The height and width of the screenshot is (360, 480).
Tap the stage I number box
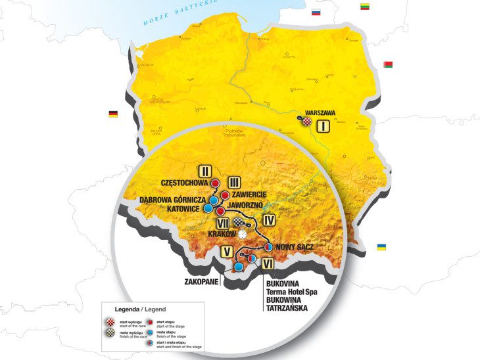point(323,127)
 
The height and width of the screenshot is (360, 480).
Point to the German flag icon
point(113,114)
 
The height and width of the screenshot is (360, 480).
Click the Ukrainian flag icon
point(381,247)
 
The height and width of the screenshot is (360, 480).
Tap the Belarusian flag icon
point(388,64)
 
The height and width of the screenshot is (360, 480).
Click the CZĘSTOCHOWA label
point(184,182)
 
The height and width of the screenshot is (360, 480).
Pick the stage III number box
point(233,182)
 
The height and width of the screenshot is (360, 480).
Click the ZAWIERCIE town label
point(249,194)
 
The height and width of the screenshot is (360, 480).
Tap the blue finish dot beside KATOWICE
point(208,208)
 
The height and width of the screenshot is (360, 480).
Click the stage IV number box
point(268,220)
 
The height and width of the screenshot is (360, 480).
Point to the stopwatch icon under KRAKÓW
point(243,233)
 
